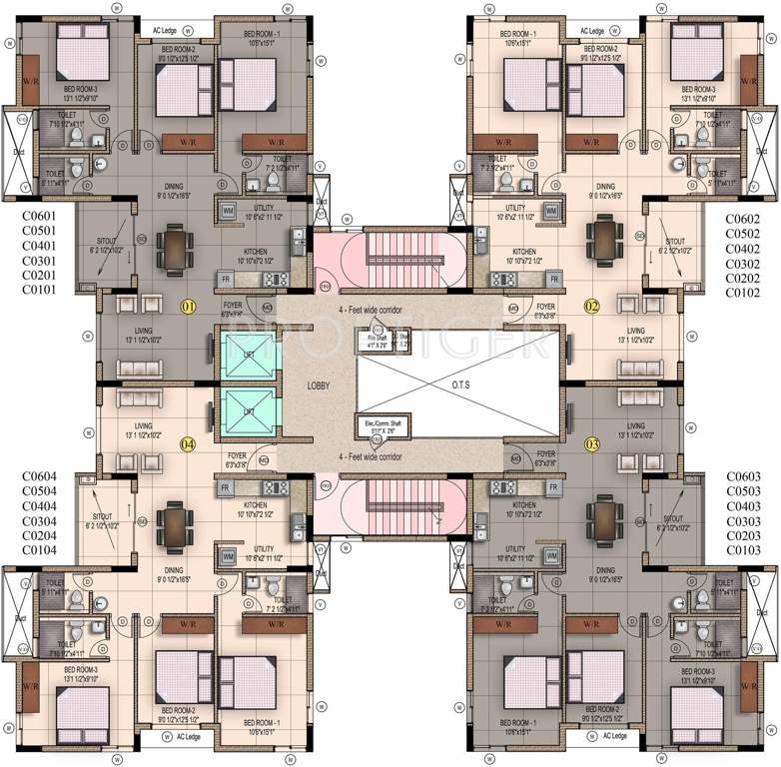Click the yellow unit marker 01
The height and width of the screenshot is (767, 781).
click(186, 307)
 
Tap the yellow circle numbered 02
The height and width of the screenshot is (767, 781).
click(591, 307)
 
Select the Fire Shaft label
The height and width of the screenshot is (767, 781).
click(375, 340)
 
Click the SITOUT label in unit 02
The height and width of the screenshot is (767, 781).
click(675, 241)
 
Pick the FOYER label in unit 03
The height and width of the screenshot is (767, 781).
click(545, 454)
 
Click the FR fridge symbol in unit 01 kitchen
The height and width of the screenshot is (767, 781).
click(226, 278)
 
